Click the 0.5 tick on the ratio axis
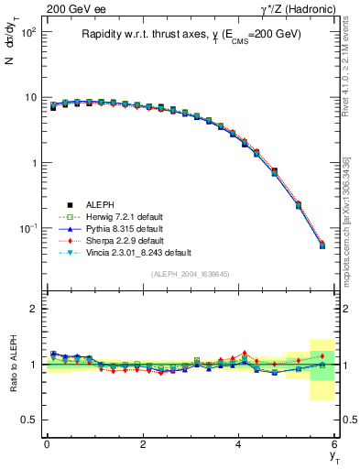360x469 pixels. coord(30,420)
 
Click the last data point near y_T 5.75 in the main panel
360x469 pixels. coord(322,245)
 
